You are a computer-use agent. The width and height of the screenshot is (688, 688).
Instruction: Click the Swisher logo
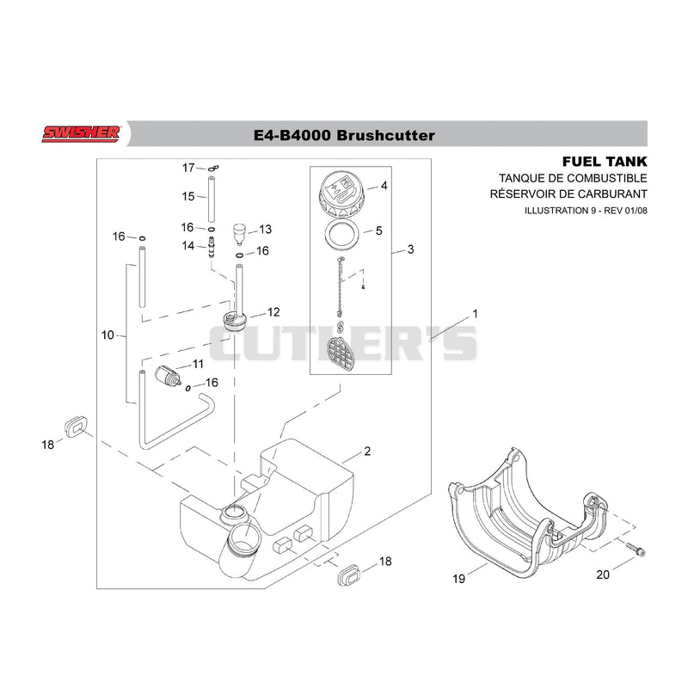[x=81, y=134]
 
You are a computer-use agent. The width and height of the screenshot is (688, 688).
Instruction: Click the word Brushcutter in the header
[x=385, y=135]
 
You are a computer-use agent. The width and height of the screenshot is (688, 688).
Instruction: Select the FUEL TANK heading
[x=605, y=162]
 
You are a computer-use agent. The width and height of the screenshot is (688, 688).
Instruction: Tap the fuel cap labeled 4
[x=342, y=194]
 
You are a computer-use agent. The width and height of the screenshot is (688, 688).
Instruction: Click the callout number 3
[x=411, y=249]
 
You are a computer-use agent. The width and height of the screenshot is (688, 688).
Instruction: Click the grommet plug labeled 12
[x=235, y=322]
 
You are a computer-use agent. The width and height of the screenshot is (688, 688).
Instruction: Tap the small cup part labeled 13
[x=239, y=234]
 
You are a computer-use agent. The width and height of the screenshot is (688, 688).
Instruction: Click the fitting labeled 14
[x=212, y=248]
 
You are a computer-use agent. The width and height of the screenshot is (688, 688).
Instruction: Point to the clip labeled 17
[x=213, y=168]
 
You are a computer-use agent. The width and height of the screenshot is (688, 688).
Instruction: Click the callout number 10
[x=107, y=335]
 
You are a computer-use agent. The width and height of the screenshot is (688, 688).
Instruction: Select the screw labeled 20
[x=635, y=549]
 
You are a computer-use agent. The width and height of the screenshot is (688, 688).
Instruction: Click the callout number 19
[x=458, y=579]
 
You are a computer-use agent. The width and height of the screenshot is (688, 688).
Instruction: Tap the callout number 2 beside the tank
[x=367, y=451]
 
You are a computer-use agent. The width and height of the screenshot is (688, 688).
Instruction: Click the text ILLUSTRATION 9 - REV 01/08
[x=586, y=211]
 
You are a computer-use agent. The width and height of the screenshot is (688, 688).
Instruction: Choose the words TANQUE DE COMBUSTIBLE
[x=573, y=178]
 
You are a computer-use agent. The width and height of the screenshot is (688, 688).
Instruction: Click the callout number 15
[x=188, y=196]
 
